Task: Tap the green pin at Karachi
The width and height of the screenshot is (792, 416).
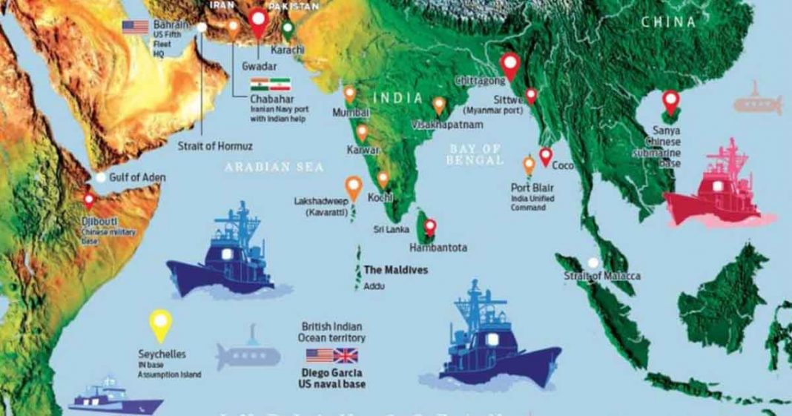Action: (x=288, y=29)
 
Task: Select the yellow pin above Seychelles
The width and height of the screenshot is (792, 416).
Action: (x=161, y=323)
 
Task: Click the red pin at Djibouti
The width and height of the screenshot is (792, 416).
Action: (x=90, y=199)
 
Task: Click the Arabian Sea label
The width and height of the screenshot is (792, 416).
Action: (x=274, y=168)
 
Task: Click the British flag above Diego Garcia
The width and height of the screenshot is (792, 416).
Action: (x=346, y=355)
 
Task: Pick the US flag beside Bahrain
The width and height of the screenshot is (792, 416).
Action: (x=136, y=27)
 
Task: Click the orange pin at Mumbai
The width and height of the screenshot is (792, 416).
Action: (x=350, y=93)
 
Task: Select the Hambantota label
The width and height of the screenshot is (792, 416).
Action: (x=438, y=248)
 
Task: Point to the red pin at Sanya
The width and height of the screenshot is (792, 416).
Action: (x=670, y=100)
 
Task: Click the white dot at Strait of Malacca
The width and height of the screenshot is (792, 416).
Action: (x=593, y=263)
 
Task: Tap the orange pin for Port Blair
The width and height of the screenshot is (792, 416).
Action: (x=529, y=165)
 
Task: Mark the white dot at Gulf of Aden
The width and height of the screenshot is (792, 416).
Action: (x=100, y=178)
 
